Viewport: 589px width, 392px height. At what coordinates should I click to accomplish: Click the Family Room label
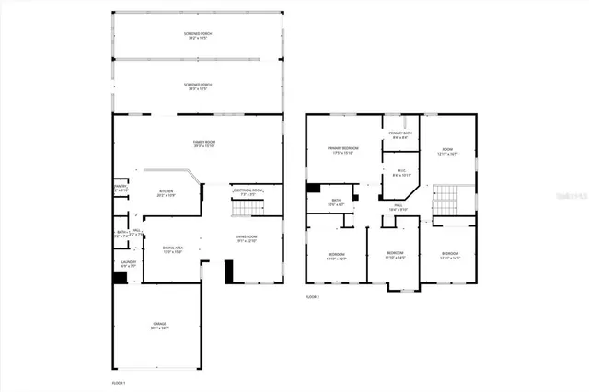196,144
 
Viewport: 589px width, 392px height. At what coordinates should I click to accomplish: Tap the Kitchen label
166,193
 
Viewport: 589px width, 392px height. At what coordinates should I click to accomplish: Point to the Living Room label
245,239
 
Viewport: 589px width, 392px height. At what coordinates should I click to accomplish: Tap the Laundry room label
129,264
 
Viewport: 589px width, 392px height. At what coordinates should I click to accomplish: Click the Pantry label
121,188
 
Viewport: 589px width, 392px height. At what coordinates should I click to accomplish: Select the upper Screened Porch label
196,36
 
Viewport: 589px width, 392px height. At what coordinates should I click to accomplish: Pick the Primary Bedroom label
342,150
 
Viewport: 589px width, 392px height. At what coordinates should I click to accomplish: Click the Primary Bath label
400,135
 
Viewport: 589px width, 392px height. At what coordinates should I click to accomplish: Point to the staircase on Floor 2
446,198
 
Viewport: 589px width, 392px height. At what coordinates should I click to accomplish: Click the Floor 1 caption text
119,381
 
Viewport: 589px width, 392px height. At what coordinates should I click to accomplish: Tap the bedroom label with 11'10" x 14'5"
394,255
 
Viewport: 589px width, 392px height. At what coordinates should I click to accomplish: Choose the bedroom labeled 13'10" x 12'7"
337,256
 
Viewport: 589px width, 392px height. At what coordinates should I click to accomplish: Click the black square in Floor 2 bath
313,190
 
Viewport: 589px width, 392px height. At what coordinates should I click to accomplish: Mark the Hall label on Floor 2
398,208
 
